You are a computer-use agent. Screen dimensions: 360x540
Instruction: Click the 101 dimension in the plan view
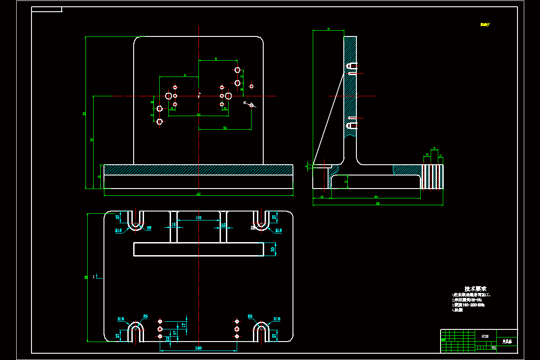pos(198,218)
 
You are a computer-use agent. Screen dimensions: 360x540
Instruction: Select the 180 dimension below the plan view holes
pos(198,348)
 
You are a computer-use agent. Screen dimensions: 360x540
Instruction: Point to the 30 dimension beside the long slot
pos(273,249)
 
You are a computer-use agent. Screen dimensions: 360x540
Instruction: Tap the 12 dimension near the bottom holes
pos(168,339)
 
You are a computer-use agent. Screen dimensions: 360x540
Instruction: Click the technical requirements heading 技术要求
pos(475,288)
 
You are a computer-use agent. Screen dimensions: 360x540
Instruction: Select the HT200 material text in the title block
pos(485,336)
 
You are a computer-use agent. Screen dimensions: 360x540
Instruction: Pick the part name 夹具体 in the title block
pos(507,342)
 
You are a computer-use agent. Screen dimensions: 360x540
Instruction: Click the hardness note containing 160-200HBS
pos(468,305)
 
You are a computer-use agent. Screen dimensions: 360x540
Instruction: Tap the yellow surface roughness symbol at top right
pos(485,25)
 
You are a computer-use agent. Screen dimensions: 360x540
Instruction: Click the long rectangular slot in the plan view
pos(198,249)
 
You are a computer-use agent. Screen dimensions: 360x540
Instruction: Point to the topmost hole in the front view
pos(237,70)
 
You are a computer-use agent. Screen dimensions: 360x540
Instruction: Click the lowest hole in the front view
pos(159,121)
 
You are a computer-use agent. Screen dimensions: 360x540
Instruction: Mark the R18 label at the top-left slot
pos(119,230)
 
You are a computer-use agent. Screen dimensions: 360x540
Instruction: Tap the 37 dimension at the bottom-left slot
pos(118,335)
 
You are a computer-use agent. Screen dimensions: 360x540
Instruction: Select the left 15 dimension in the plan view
pos(173,225)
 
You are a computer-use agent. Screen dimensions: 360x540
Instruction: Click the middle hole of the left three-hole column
pos(160,329)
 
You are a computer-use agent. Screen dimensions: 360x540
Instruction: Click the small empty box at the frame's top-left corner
pos(47,9)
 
